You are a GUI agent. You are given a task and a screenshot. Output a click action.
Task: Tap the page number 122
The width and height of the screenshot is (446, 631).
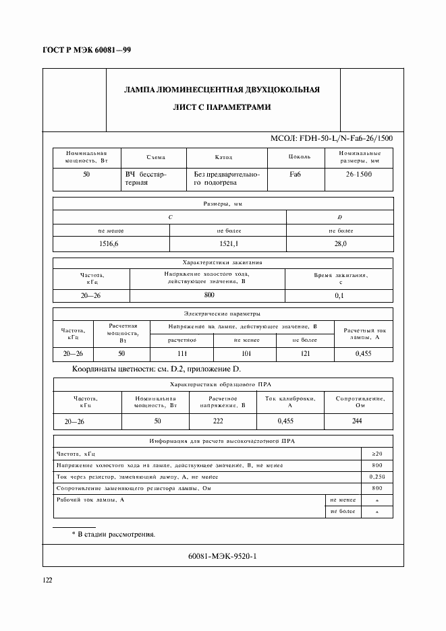48,579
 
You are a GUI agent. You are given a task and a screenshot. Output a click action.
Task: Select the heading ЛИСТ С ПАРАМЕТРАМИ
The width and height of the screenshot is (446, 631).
223,107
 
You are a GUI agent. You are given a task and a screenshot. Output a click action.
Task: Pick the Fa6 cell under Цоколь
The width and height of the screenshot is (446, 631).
296,174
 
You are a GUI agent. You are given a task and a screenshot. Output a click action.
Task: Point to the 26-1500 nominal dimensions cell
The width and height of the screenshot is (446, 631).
358,174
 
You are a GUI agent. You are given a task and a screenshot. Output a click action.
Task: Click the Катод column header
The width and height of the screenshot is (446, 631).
223,156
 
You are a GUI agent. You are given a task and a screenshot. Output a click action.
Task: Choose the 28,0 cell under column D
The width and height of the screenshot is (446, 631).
340,243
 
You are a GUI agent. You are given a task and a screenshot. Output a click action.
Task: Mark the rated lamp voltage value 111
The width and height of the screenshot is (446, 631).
182,353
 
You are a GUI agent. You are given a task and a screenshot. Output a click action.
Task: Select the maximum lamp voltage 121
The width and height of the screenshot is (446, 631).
304,353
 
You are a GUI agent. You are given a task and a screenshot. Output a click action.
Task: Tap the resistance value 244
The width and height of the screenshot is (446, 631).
357,421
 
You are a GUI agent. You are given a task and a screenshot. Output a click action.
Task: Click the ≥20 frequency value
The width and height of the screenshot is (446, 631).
377,454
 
